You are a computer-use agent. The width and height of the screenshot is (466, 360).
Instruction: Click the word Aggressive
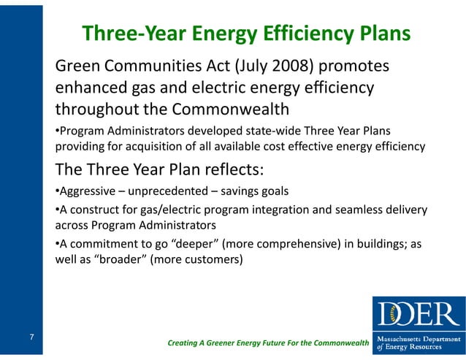click(x=86, y=191)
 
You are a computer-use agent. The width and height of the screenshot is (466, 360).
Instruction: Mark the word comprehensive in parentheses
click(x=290, y=244)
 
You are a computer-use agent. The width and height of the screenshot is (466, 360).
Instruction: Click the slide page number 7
click(x=33, y=337)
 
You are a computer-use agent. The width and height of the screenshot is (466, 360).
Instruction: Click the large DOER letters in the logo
click(x=419, y=313)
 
